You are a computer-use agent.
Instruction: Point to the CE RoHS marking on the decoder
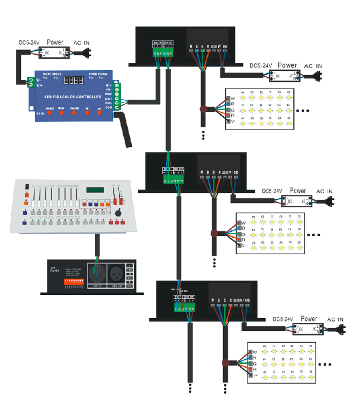coord(55,270)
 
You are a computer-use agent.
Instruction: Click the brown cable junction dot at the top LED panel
coord(202,109)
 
